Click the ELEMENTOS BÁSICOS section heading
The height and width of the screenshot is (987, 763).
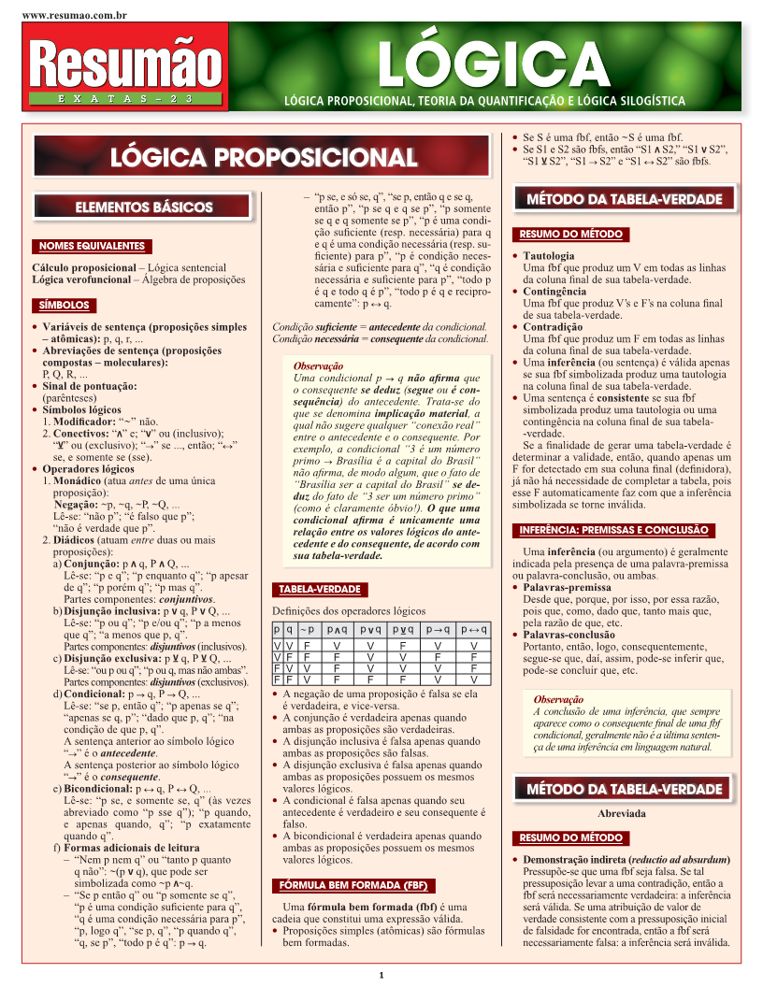(x=143, y=207)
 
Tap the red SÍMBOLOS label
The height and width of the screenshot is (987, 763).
(x=64, y=305)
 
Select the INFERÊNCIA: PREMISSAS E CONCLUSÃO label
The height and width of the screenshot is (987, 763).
(x=626, y=530)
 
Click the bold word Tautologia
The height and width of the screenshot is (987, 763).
(x=549, y=255)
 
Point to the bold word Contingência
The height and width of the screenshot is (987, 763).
(x=554, y=291)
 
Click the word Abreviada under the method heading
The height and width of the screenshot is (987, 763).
(x=622, y=814)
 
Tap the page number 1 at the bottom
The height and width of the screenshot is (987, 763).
(x=381, y=976)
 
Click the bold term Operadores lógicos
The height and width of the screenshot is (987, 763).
(x=89, y=468)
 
